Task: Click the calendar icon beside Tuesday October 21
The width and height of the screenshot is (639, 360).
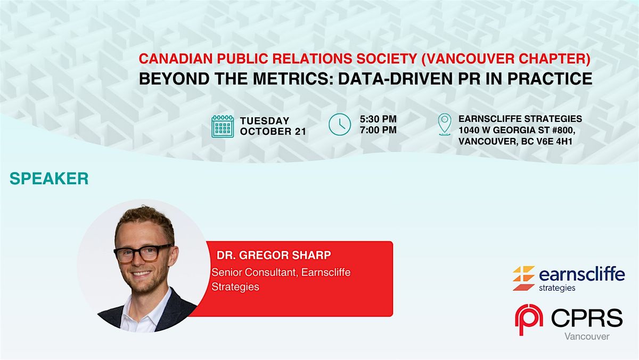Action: (x=223, y=126)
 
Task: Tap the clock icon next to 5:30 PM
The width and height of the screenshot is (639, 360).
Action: (x=340, y=125)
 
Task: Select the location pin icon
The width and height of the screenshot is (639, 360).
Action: (x=445, y=125)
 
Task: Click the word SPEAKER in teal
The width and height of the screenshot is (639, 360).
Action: (x=49, y=178)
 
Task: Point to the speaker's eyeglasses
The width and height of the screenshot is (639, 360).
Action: (x=143, y=253)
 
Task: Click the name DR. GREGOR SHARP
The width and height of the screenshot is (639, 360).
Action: (x=274, y=255)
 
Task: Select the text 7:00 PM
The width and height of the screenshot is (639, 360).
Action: (x=378, y=130)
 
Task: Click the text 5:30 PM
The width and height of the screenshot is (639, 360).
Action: (x=378, y=119)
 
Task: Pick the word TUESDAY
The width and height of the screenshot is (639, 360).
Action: (x=265, y=121)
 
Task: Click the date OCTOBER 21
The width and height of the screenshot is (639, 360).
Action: (x=273, y=132)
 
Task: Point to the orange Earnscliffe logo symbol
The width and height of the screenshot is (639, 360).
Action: (x=523, y=278)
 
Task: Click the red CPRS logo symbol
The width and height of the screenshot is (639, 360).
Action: (x=529, y=320)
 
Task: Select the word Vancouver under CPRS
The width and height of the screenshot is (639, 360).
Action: (x=587, y=337)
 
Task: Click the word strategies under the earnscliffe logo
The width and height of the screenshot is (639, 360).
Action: (x=557, y=288)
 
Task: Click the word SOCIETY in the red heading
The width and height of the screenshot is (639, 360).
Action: (x=387, y=59)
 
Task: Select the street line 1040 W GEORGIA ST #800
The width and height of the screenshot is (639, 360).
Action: (x=517, y=130)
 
